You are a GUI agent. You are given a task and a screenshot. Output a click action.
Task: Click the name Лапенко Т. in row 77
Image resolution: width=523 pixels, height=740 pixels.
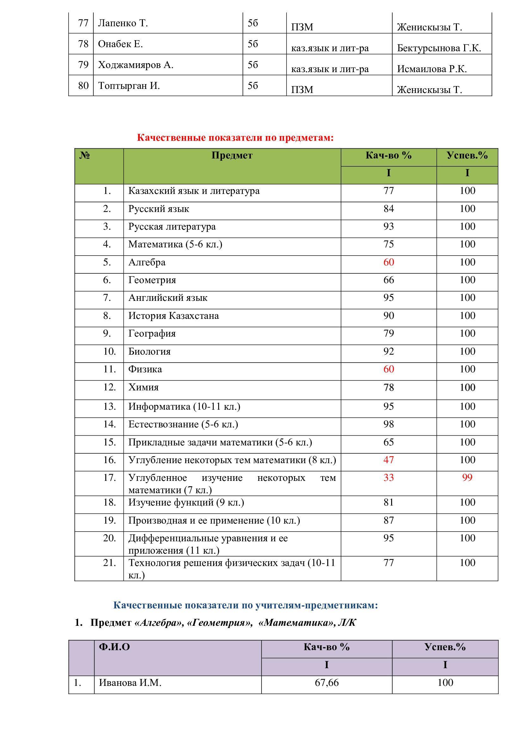point(123,23)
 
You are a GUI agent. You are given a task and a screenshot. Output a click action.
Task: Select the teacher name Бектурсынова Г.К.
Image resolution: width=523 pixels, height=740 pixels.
point(439,48)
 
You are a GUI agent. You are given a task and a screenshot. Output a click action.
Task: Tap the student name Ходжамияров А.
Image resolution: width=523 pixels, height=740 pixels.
point(136,65)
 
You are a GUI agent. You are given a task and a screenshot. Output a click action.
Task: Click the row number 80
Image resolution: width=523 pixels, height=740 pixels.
point(83,86)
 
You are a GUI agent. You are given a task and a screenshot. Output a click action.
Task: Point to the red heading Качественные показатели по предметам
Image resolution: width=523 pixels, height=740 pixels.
point(235,138)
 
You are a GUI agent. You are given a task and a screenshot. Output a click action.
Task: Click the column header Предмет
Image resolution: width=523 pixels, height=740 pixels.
point(232,155)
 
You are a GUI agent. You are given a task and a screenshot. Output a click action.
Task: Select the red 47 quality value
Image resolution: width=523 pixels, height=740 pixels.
point(388,460)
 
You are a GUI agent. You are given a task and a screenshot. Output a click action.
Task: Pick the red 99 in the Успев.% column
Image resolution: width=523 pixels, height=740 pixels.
point(467,477)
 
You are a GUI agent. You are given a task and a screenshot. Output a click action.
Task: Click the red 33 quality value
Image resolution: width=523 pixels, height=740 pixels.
point(388,477)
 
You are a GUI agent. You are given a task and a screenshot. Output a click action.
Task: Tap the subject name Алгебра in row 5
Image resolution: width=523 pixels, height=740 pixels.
point(147,262)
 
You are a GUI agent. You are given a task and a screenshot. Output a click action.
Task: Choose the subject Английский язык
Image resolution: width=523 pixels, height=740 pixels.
point(168,298)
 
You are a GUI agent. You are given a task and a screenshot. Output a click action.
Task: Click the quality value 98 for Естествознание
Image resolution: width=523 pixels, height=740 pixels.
point(388,424)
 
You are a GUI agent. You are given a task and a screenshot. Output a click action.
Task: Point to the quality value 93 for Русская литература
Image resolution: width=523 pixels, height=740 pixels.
point(388,227)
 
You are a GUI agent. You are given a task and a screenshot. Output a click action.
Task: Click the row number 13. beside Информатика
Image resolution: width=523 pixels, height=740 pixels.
point(109,407)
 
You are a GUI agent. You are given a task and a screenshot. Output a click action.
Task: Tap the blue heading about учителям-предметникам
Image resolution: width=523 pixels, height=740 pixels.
point(245,605)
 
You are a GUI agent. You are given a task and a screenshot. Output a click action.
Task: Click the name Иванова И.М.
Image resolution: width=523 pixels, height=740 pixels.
point(130,683)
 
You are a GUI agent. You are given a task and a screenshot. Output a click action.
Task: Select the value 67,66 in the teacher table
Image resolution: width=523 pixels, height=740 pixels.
point(327,683)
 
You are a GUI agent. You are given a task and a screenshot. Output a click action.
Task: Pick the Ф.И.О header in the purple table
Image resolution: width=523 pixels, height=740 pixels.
point(114,647)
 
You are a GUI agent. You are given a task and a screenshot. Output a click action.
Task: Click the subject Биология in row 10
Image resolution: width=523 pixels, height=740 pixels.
point(149,351)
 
